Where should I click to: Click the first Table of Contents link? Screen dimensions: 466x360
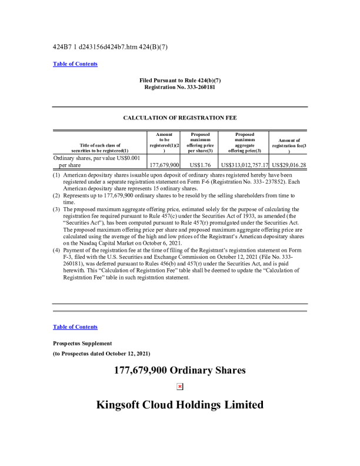tap(75, 64)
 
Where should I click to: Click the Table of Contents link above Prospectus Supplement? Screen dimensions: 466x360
tap(75, 327)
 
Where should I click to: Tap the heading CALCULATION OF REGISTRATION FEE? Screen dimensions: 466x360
tap(180, 118)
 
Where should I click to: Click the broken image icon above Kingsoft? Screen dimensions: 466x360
tap(180, 387)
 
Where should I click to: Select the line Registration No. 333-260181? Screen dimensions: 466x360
tap(180, 86)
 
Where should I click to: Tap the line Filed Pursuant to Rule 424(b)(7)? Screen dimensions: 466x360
tap(180, 80)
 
